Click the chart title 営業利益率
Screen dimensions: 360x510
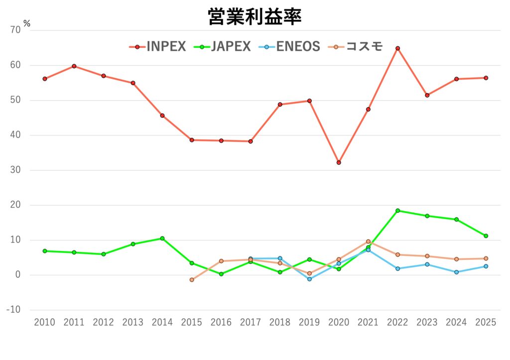coord(255,17)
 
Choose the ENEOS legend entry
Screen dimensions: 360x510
coord(289,47)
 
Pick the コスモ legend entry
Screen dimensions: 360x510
coord(356,47)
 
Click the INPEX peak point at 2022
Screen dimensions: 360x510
coord(397,48)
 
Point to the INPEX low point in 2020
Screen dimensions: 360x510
coord(339,162)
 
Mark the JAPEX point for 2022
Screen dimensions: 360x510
coord(397,211)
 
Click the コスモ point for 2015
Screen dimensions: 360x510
coord(192,280)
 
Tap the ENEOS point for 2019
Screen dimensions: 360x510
coord(309,279)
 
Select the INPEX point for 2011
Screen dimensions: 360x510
coord(74,66)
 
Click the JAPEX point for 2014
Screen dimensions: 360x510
coord(162,239)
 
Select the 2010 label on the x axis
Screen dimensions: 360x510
coord(44,323)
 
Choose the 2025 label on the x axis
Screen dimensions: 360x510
coord(486,323)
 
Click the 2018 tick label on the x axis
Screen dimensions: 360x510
coord(280,323)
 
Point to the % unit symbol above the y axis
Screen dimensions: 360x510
coord(26,23)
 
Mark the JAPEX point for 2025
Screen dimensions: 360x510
coord(486,236)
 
